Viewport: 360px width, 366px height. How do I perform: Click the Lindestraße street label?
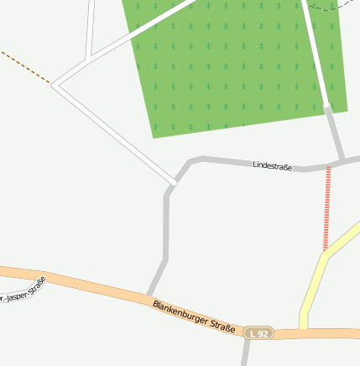click(272, 166)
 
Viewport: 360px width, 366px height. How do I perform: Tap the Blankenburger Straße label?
click(194, 316)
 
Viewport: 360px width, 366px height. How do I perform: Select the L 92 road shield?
click(259, 334)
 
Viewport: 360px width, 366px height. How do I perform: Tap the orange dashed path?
click(25, 66)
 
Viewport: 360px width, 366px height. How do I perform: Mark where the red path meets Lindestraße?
click(328, 167)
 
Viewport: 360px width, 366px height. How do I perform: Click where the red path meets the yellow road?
click(326, 252)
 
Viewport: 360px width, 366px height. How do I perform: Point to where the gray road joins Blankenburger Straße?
click(149, 295)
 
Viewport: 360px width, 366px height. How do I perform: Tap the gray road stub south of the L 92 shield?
click(246, 354)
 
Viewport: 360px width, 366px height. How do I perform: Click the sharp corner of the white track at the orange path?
click(53, 84)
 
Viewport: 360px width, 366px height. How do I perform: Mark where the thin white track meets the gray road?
click(174, 181)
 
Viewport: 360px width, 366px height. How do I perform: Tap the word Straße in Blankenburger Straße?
click(221, 325)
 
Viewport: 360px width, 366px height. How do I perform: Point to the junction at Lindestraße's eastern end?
click(343, 160)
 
